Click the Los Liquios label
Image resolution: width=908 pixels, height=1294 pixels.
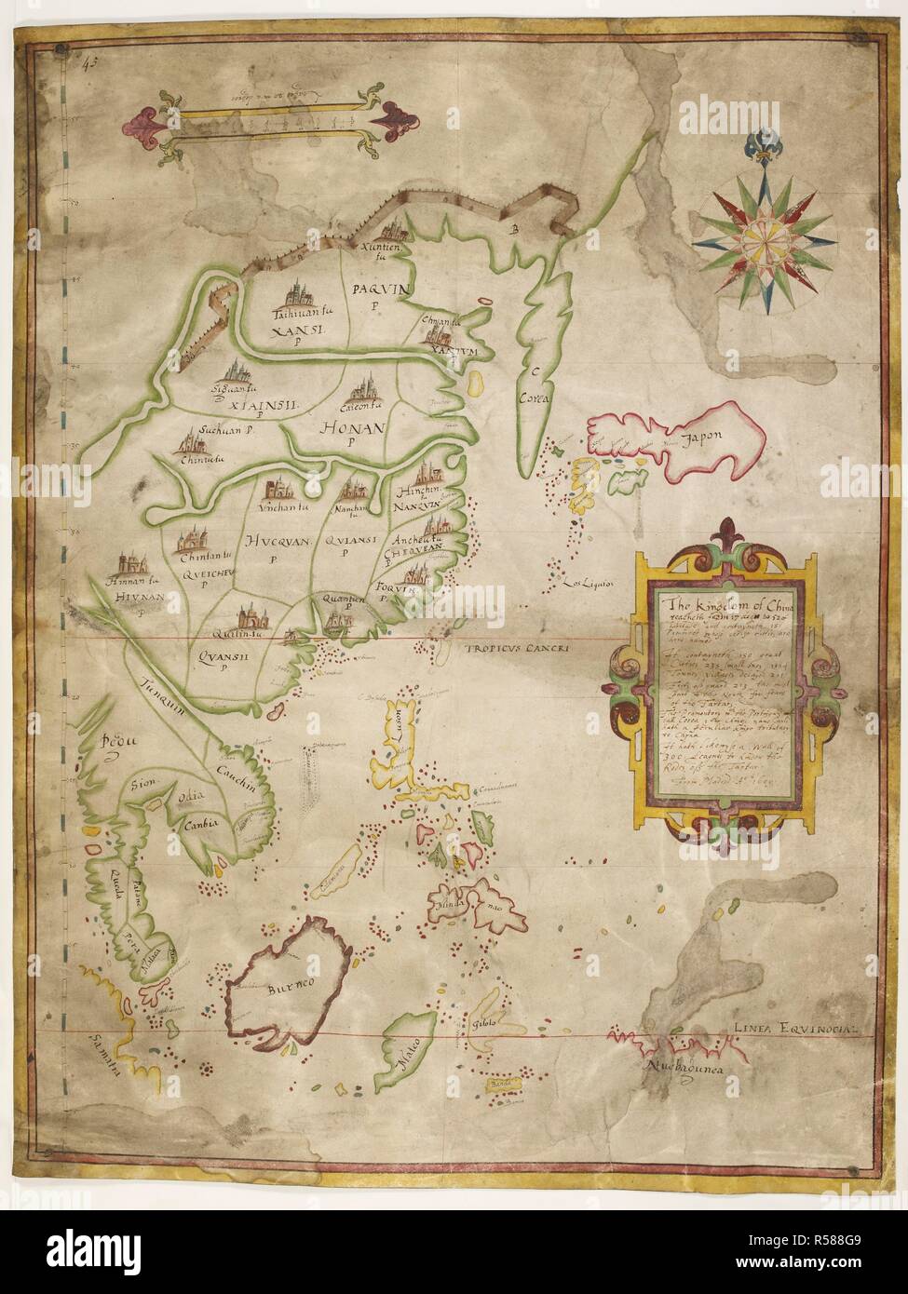pyautogui.click(x=585, y=585)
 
